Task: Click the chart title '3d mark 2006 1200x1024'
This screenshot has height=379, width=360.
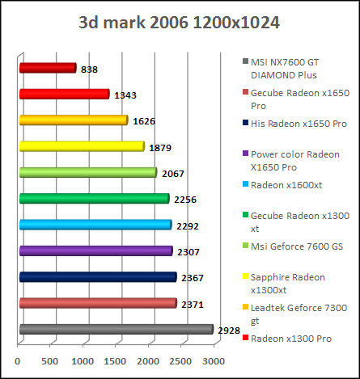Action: click(x=180, y=22)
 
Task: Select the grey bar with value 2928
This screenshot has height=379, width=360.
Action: click(x=115, y=329)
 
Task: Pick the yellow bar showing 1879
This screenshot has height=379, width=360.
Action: click(x=81, y=146)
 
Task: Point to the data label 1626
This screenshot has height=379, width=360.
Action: click(x=142, y=121)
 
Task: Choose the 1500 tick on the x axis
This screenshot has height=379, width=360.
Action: click(x=116, y=361)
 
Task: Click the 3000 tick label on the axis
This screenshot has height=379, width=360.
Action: click(x=214, y=361)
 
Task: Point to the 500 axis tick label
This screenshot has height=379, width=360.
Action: click(x=51, y=361)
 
